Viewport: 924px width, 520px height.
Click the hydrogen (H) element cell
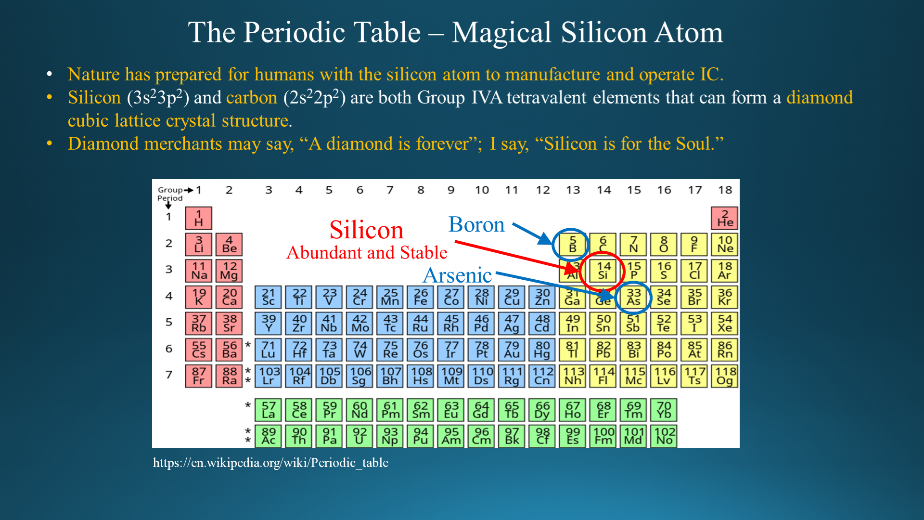[199, 218]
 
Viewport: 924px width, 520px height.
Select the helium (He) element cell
[725, 218]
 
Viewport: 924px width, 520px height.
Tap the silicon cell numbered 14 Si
[603, 271]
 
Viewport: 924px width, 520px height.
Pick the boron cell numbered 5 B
[573, 245]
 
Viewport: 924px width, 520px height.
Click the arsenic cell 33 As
[634, 297]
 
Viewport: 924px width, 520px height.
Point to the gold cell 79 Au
[512, 350]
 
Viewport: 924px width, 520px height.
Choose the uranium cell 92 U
[359, 436]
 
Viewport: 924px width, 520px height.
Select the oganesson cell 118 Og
[725, 376]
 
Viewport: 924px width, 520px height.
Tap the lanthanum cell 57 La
[268, 410]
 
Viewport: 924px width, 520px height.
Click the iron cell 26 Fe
[421, 297]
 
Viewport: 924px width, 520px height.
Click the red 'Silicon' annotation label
[366, 230]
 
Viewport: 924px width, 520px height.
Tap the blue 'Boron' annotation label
[476, 224]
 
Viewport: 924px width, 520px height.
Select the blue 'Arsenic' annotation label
[457, 275]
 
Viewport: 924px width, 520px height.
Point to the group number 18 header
[725, 190]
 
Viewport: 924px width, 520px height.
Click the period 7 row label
[169, 375]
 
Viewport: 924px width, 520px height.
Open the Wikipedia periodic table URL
[270, 463]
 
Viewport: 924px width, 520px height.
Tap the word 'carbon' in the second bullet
[252, 98]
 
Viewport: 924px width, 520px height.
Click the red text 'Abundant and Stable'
[367, 252]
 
